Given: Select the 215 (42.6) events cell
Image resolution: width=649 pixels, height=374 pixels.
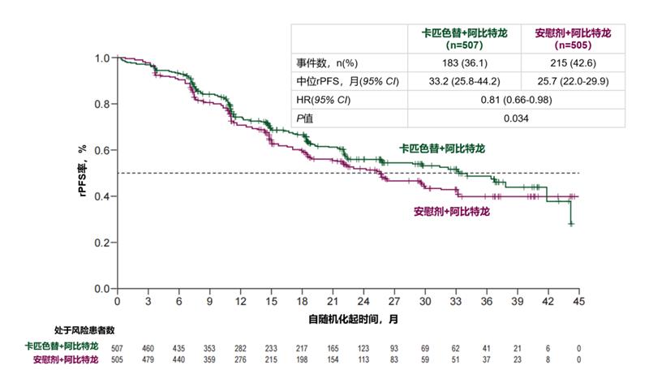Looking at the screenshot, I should point(573,63).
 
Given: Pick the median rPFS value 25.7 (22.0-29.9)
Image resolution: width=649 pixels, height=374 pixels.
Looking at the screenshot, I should point(573,81).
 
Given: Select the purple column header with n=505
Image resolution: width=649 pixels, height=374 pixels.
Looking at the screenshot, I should point(573,39).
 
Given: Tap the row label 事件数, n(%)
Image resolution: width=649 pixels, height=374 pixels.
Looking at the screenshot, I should point(322,63).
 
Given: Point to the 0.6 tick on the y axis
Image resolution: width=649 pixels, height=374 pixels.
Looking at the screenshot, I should point(103,150).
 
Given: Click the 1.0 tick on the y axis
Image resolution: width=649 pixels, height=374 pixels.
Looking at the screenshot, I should point(103,58).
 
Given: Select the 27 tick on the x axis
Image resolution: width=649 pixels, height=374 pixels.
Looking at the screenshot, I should point(394,302).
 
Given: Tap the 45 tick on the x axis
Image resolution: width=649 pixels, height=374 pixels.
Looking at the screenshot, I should point(579,302).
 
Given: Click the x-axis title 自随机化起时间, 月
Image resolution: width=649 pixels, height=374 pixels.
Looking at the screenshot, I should point(353,319).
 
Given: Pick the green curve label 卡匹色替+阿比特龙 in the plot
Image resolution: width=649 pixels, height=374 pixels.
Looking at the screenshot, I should point(441,149).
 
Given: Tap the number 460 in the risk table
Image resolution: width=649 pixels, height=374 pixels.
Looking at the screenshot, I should point(148,347).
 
